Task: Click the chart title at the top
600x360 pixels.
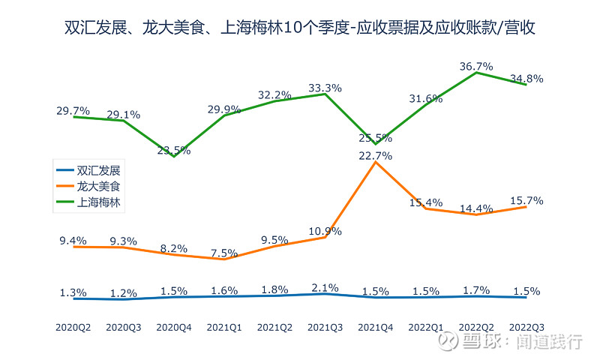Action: point(299,29)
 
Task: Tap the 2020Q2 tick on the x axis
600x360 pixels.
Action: point(73,328)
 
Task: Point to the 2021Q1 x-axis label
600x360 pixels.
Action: point(224,328)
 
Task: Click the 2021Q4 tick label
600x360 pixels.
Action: point(375,328)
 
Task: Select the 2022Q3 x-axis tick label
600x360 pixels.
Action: point(526,328)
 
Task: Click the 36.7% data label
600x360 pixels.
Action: point(475,67)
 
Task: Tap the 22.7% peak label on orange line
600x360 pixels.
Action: point(375,156)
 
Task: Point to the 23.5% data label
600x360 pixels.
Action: point(174,150)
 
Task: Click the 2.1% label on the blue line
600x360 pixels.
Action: point(325,287)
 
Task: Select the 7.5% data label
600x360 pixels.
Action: point(224,253)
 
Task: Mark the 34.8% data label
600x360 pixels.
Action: point(526,78)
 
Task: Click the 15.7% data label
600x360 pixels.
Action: point(526,201)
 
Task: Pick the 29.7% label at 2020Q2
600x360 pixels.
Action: point(73,111)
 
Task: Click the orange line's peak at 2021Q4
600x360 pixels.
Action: point(375,162)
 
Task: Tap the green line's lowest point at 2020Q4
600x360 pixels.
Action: point(174,156)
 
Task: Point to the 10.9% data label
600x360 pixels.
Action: point(325,231)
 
